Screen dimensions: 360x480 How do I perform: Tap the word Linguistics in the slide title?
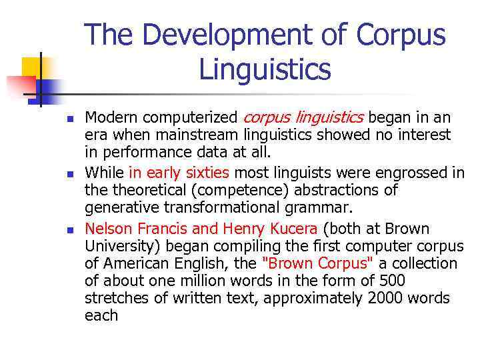click(265, 68)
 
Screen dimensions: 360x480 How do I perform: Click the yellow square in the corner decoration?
click(32, 67)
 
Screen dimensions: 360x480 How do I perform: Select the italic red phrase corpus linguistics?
click(303, 118)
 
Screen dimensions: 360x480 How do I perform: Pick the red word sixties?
click(206, 173)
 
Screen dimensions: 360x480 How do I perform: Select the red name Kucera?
click(287, 228)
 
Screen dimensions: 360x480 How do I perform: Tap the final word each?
click(101, 315)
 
